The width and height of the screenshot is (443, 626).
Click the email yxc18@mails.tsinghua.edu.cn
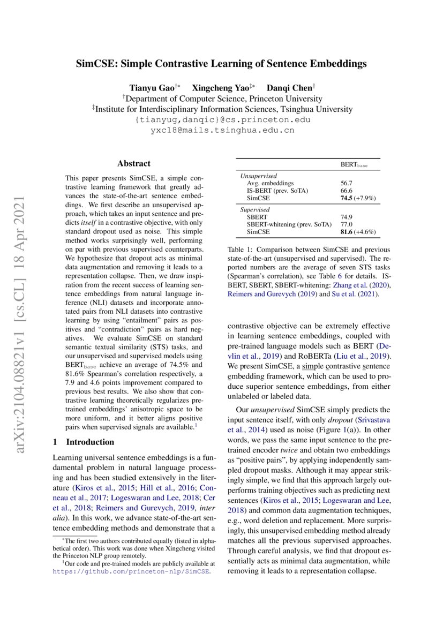222,130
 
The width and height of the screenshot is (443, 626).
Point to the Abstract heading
134,163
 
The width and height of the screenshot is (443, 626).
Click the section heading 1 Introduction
84,442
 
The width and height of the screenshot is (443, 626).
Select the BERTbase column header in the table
355,165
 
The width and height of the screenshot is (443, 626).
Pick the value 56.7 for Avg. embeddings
347,183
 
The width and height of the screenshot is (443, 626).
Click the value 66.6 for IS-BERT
347,190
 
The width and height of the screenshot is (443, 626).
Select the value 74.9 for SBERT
347,217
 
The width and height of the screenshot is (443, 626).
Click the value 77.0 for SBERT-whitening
347,225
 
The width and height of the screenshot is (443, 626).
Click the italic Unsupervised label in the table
258,175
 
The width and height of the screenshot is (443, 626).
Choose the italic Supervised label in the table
254,210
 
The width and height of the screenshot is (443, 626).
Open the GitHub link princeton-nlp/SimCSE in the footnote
131,571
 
